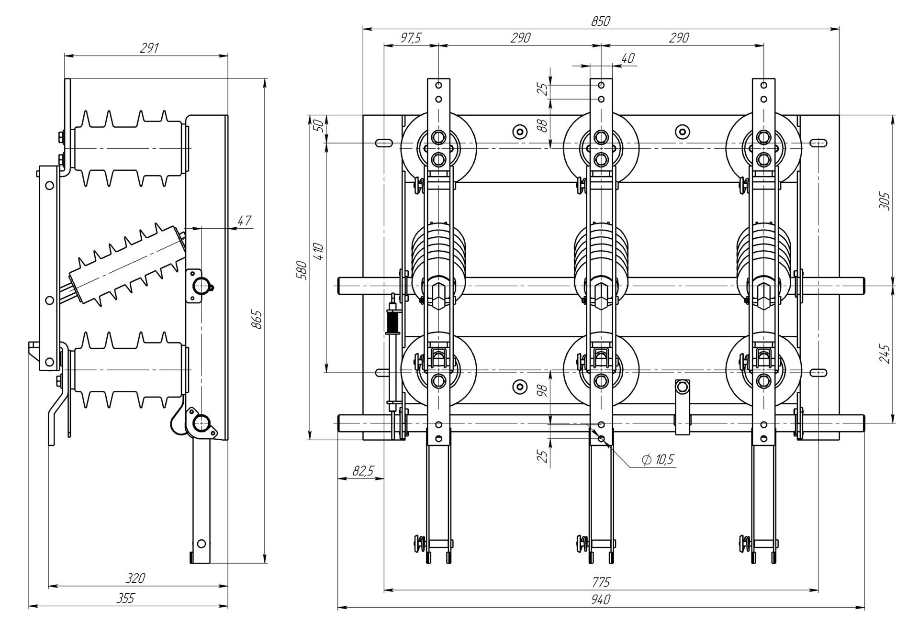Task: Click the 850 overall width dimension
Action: click(x=601, y=22)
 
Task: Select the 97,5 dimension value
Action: click(x=410, y=38)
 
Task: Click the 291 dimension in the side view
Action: click(x=149, y=48)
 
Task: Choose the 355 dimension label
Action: click(x=126, y=599)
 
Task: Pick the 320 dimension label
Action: click(x=135, y=578)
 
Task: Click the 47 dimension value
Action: click(x=244, y=221)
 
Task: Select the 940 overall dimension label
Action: click(x=601, y=600)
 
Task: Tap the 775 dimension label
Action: click(x=601, y=582)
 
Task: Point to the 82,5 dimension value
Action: click(x=363, y=471)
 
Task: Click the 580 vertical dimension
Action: click(x=302, y=270)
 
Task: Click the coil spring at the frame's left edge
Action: click(x=393, y=323)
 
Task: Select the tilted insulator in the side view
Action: click(x=127, y=266)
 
